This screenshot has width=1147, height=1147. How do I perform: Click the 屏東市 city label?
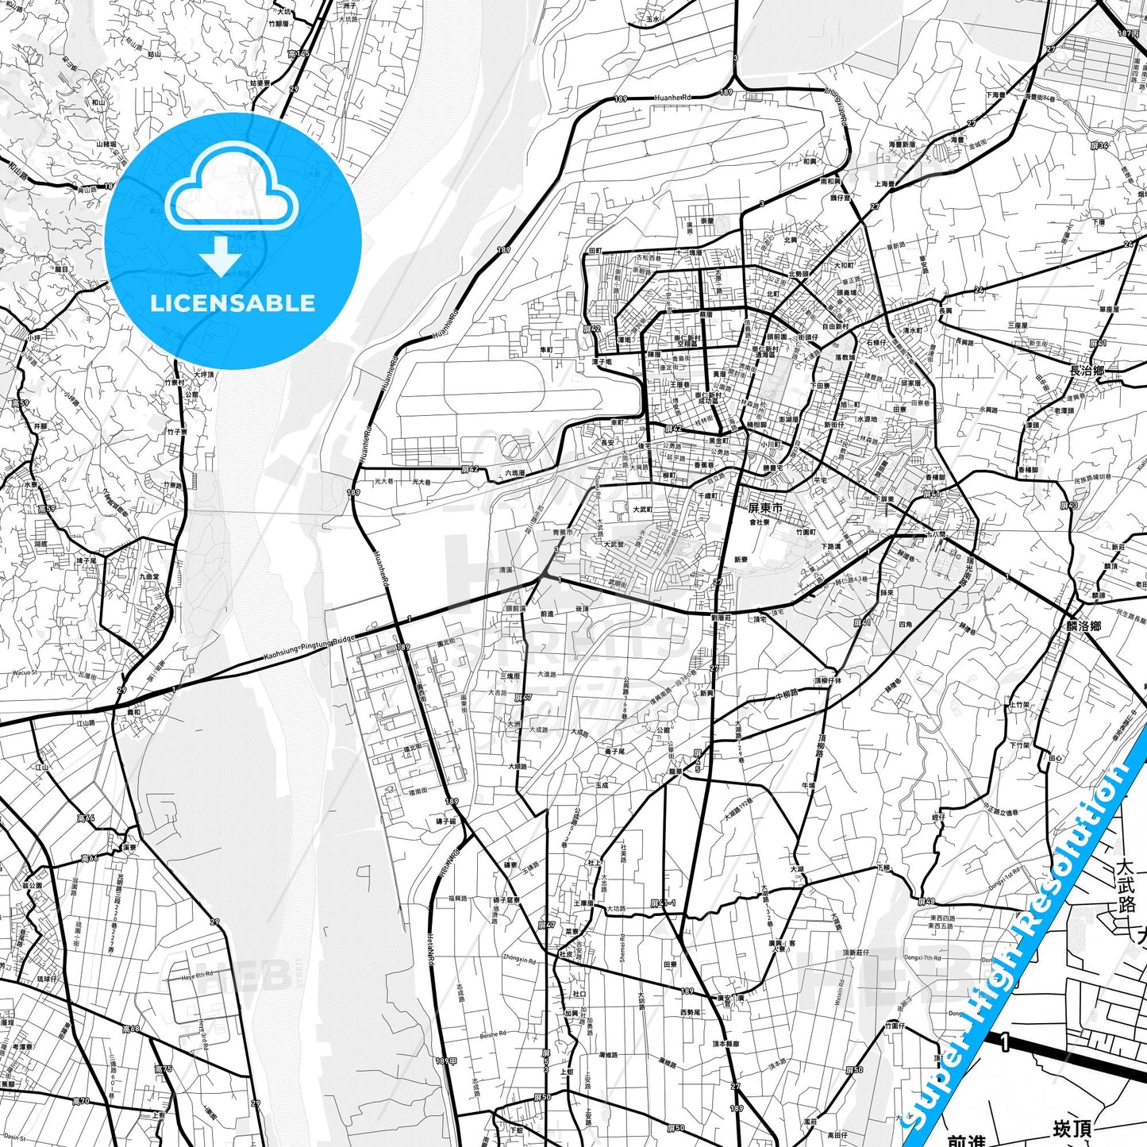click(765, 507)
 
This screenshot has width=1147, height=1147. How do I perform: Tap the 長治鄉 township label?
click(1087, 371)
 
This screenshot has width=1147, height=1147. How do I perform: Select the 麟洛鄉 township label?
click(1083, 625)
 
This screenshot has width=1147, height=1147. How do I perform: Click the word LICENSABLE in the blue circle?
click(233, 303)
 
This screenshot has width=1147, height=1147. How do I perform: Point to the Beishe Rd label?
click(492, 1034)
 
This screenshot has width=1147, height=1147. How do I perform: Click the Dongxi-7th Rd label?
click(924, 958)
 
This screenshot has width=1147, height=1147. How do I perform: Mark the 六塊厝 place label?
click(515, 473)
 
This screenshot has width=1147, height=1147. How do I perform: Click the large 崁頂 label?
click(1071, 1128)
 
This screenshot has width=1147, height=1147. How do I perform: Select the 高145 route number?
click(298, 54)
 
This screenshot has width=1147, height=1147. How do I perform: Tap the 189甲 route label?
click(446, 1060)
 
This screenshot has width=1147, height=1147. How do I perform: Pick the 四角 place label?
click(905, 625)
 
